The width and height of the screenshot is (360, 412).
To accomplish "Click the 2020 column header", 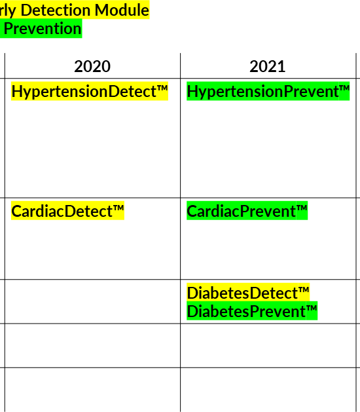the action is pos(92,66).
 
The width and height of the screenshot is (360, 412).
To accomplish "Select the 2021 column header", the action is pos(267,66).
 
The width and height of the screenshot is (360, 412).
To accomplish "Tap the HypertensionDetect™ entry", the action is pos(90,91).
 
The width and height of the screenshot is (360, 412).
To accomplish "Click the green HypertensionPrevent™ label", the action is pos(268,91).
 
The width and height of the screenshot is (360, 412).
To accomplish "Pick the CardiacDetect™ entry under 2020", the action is pos(67,211).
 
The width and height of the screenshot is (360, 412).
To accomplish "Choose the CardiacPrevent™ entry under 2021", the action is pos(247,211).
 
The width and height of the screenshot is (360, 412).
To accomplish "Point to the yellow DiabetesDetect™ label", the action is pos(248,292).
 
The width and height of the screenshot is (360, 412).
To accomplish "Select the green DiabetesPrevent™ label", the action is pos(252,311).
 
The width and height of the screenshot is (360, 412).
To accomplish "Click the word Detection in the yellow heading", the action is pos(56,10).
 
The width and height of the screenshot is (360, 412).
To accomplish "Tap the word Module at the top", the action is pos(122,10).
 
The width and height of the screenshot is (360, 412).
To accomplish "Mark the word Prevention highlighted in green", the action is pos(43,28).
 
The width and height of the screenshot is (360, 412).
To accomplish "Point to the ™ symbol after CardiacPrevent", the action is pos(302,208).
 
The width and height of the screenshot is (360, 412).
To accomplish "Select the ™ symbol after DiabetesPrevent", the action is pos(312,309).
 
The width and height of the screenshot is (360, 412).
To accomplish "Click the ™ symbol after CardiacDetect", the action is pos(118,208).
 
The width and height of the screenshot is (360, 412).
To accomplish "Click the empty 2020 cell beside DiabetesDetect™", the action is pos(92,301).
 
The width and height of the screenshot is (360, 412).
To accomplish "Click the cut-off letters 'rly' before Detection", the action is pos(9,10).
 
